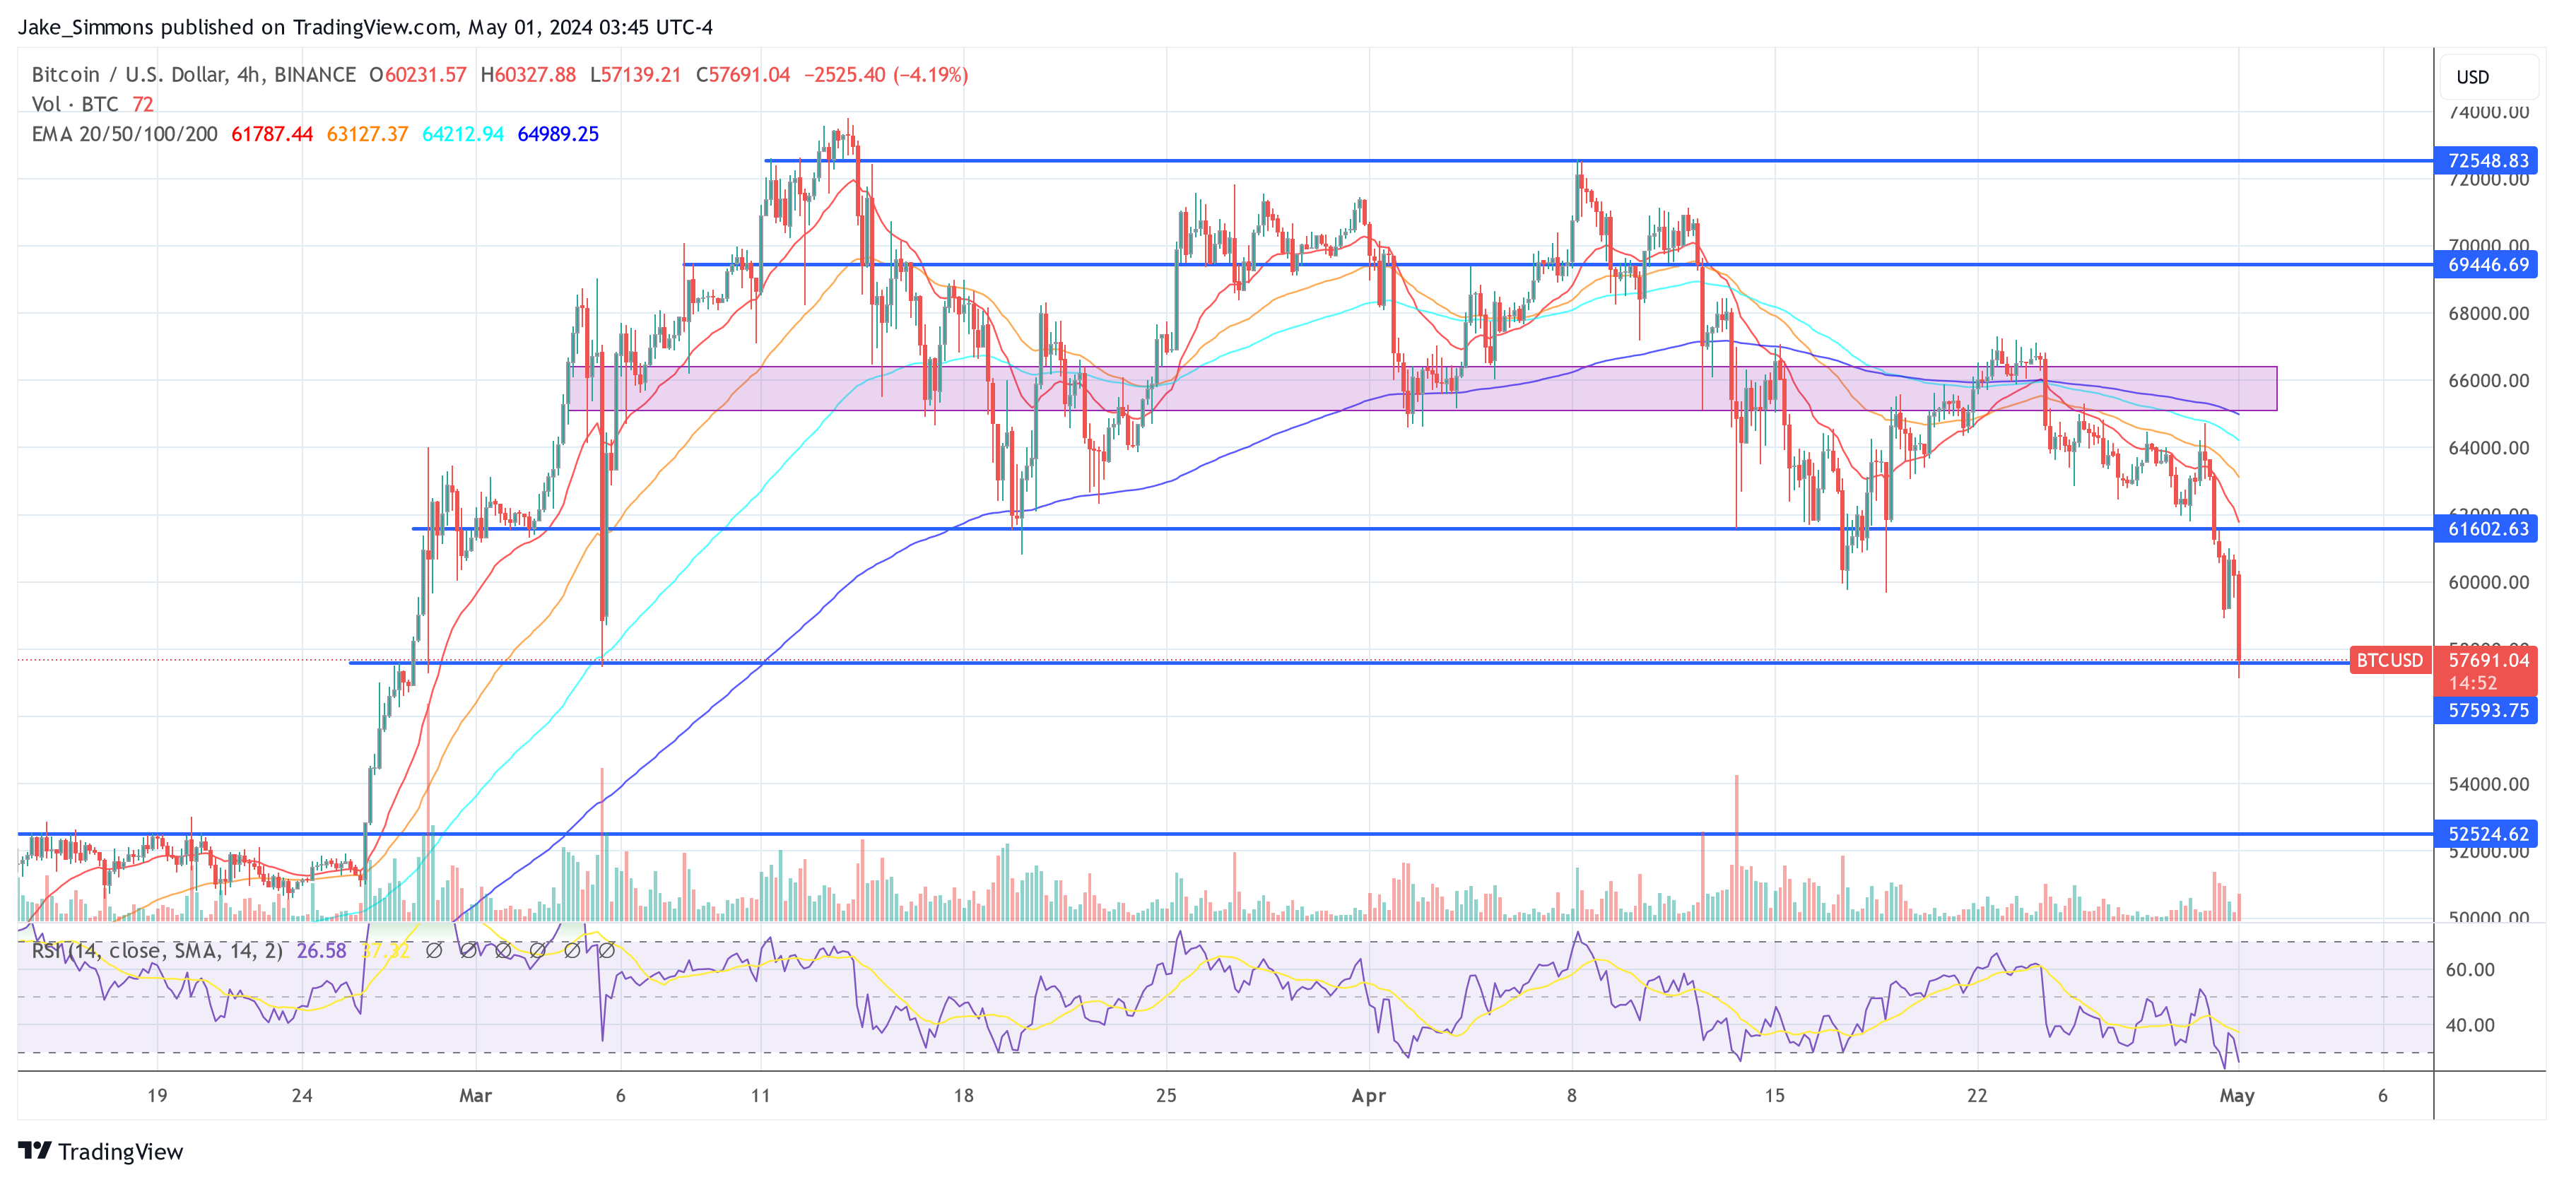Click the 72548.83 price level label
[x=2486, y=160]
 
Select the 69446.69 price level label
[x=2486, y=265]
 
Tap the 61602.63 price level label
[x=2486, y=528]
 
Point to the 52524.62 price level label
[x=2486, y=834]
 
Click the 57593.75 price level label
[x=2486, y=710]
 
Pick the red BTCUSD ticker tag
[x=2389, y=660]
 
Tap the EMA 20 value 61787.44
[x=271, y=134]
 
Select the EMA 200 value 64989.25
[x=558, y=134]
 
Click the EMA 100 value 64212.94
[x=463, y=134]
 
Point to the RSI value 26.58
[x=322, y=951]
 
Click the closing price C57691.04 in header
[x=743, y=75]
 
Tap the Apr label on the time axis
[x=1369, y=1095]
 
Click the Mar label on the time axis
[x=476, y=1095]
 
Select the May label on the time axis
[x=2237, y=1095]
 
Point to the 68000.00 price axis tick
[x=2488, y=314]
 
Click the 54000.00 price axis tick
[x=2488, y=784]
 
